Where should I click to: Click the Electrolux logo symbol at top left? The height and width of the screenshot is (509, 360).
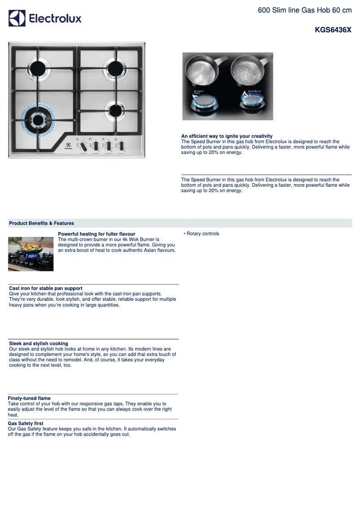(17, 18)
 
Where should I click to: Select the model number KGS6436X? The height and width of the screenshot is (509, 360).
(333, 30)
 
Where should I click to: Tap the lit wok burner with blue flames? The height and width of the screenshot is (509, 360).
(38, 119)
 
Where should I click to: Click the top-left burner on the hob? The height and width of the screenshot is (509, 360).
(38, 68)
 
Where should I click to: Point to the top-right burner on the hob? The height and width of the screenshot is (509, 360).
(115, 68)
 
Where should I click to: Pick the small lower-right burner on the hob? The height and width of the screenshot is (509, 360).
(115, 110)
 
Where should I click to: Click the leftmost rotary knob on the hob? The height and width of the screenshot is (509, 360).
(83, 145)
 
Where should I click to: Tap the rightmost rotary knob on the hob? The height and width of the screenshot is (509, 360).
(121, 145)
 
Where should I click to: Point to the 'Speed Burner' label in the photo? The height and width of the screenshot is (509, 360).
(254, 91)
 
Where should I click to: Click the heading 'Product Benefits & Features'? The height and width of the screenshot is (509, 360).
(41, 223)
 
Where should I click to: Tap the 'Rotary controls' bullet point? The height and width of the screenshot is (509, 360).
(202, 234)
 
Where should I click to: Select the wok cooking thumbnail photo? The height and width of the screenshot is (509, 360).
(31, 254)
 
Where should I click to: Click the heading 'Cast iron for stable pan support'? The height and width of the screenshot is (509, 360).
(45, 288)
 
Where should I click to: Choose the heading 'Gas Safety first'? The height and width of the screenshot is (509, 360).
(26, 423)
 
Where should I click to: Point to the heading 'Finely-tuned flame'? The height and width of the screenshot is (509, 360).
(29, 398)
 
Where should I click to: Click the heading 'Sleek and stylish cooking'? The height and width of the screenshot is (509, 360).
(39, 343)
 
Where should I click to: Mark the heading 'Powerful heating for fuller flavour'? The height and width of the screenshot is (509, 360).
(97, 234)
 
